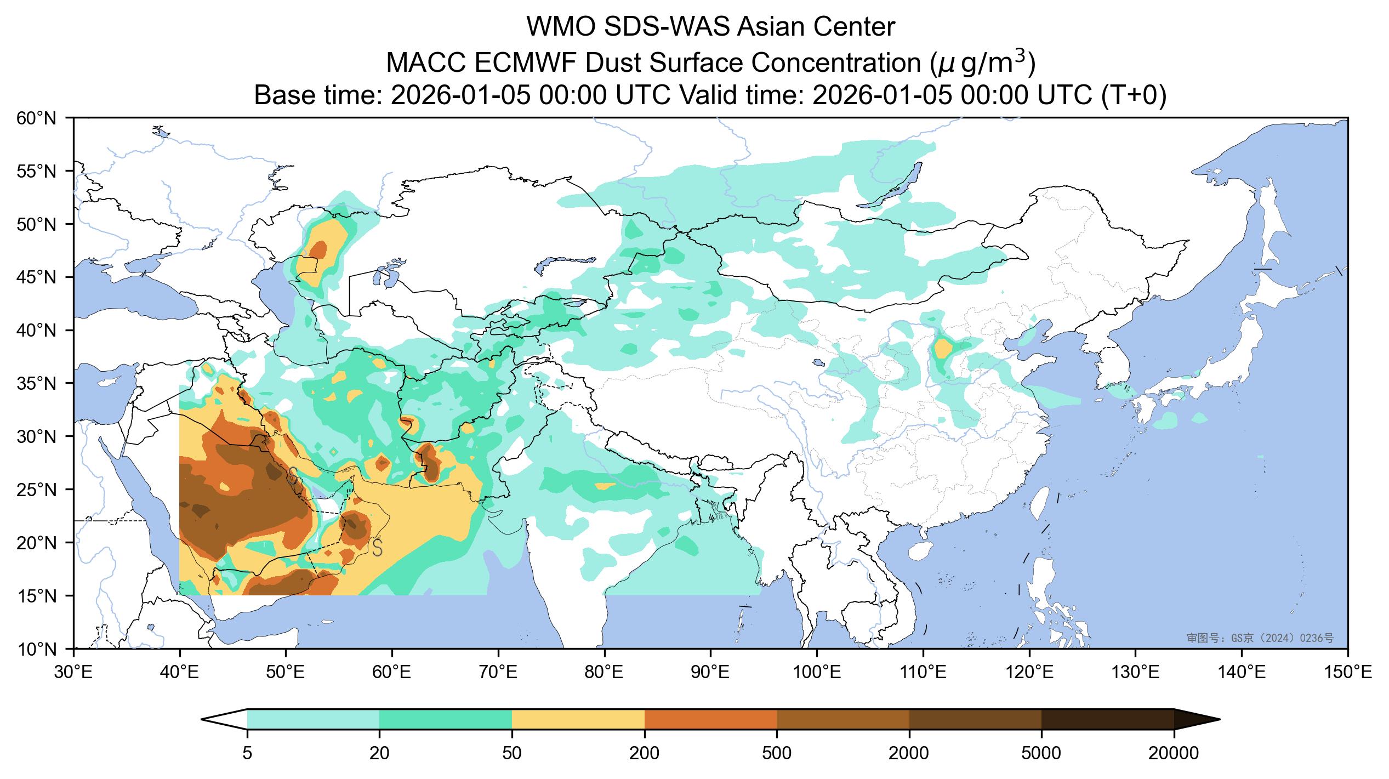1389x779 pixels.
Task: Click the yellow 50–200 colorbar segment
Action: [x=578, y=719]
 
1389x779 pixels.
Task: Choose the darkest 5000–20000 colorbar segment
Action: [x=1107, y=719]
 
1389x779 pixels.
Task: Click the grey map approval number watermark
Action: [x=1260, y=638]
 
